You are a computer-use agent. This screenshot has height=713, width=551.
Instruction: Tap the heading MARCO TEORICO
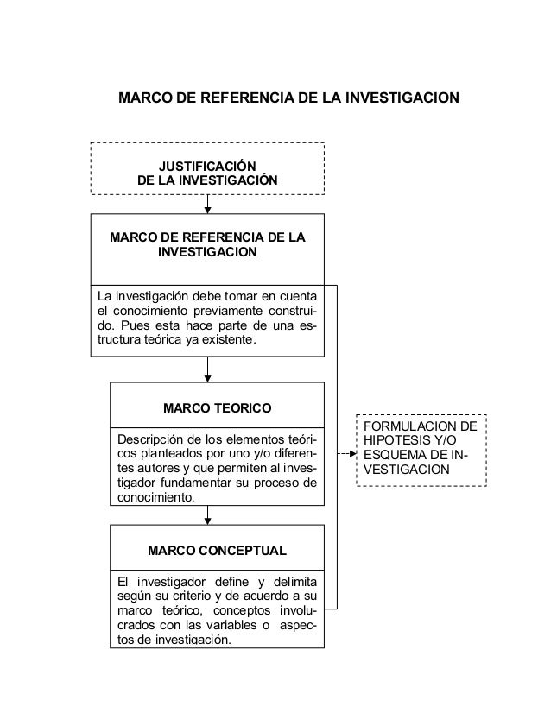click(218, 406)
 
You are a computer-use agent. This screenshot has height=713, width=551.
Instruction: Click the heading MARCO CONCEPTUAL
click(218, 549)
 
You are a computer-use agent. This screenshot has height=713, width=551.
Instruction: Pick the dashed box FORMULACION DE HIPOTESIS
click(421, 449)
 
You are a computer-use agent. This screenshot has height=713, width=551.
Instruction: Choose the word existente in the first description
click(231, 341)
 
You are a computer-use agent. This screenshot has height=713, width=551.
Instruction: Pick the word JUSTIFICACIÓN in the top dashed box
click(207, 166)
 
